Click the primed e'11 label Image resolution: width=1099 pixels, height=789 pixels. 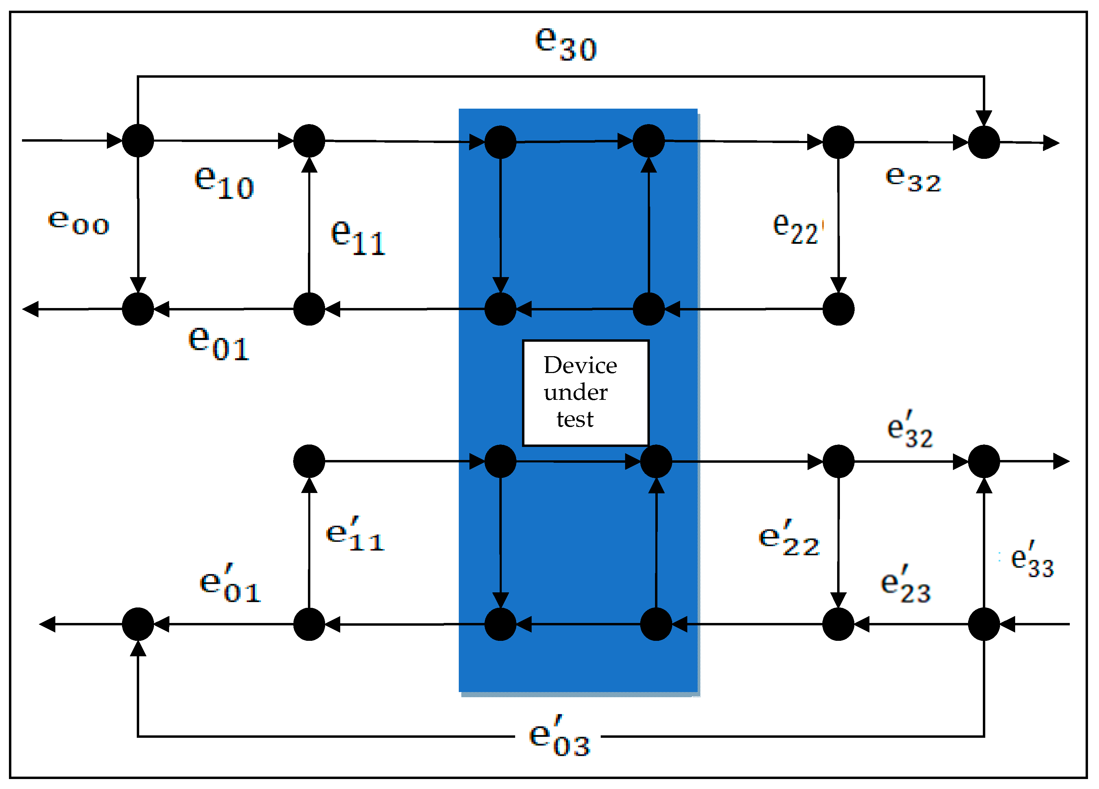(355, 535)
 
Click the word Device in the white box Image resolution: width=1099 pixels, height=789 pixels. (580, 365)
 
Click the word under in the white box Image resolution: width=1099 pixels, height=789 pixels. (575, 392)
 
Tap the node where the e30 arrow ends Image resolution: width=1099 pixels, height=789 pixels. (984, 142)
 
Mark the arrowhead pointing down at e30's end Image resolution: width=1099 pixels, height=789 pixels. (984, 119)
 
